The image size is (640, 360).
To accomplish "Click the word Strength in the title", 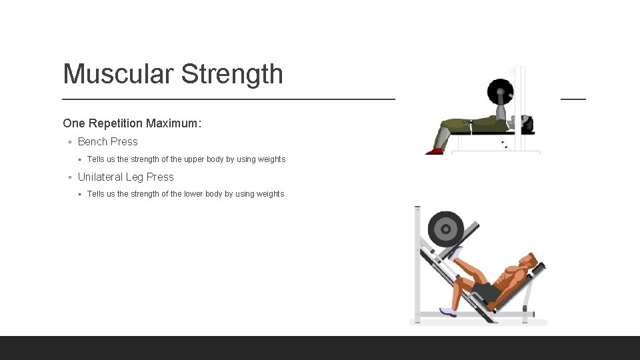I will pos(232,74).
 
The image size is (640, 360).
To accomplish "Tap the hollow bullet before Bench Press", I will pos(70,142).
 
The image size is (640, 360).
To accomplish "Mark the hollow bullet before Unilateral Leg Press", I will pos(70,177).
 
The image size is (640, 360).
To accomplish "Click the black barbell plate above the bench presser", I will pos(500,92).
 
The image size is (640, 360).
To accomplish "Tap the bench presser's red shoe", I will pos(435,151).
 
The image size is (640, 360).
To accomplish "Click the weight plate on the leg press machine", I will pos(445,229).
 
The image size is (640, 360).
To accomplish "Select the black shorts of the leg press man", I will pos(487,292).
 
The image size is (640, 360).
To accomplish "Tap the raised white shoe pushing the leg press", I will pos(456,253).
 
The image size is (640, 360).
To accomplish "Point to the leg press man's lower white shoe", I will pos(447,311).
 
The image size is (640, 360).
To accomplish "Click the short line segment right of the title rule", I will pos(573,99).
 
